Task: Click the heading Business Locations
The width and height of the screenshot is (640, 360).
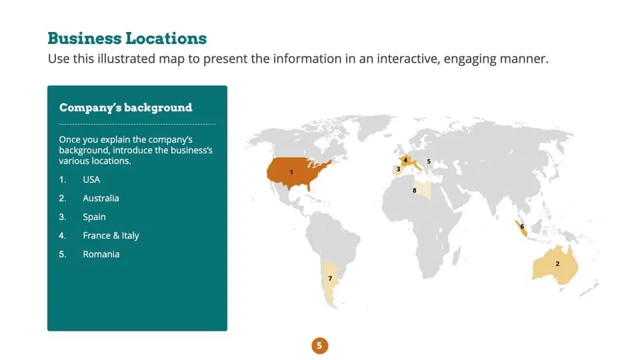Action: pos(127,39)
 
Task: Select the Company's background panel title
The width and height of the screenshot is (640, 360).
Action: pos(126,108)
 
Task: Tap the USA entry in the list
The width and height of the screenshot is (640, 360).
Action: pos(91,179)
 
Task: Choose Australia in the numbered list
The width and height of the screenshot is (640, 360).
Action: pos(101,199)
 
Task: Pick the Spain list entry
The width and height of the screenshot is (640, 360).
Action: pos(94,217)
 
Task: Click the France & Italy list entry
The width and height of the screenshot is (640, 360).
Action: pos(111,236)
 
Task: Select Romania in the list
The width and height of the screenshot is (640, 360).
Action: pos(101,254)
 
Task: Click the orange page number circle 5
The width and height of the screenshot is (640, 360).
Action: pos(319,345)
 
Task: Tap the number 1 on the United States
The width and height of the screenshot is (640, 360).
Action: pos(291,172)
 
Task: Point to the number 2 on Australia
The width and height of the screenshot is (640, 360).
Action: pos(557,264)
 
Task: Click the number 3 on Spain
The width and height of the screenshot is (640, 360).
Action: pos(399,169)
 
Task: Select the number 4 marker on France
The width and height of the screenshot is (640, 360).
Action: pos(405,160)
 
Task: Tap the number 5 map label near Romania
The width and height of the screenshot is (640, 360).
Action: pos(429,161)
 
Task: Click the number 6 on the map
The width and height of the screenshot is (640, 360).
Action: pos(521,227)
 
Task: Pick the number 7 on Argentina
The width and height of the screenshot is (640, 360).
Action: pos(330,279)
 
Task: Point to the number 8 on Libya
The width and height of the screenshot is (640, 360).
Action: pos(414,191)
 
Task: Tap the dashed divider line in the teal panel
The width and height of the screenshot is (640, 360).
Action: pos(137,124)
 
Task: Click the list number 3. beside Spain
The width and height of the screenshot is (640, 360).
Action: pos(63,217)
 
